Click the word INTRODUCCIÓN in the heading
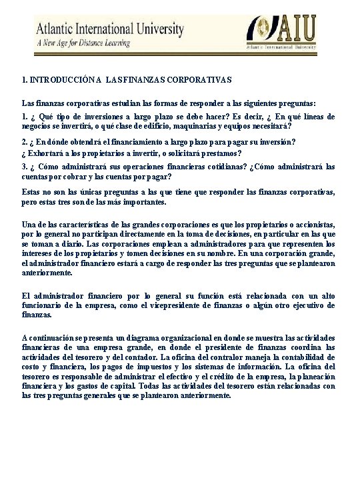coord(56,80)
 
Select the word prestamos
coord(221,153)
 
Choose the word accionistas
coord(313,225)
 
